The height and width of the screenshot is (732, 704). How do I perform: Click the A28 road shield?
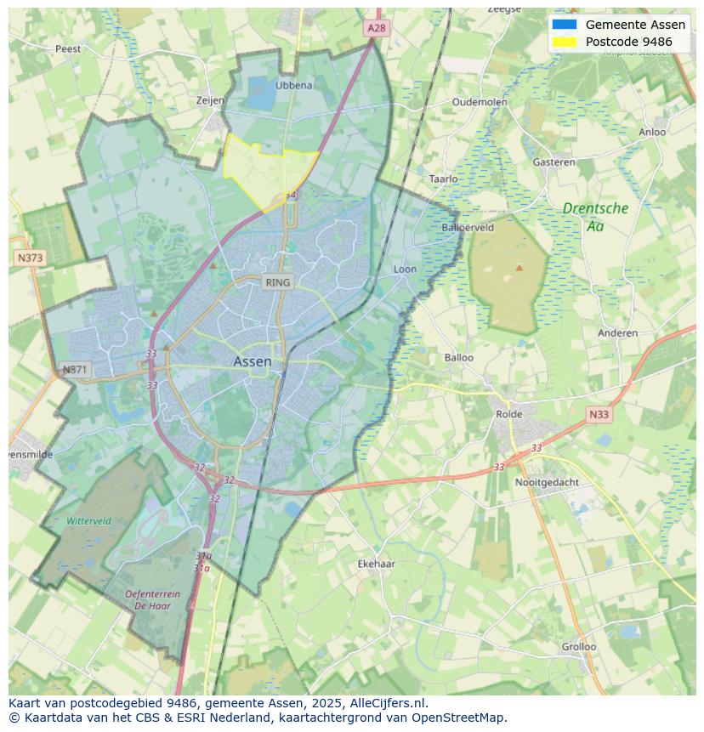[376, 28]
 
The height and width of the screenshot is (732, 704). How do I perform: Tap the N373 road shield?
[30, 257]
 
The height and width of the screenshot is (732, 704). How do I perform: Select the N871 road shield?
[75, 370]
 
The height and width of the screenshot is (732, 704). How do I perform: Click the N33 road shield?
[599, 415]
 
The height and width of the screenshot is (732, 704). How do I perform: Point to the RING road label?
[277, 282]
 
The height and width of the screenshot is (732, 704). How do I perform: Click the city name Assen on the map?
[253, 361]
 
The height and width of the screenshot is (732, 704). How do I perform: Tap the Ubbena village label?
[294, 85]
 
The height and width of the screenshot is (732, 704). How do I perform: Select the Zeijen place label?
[210, 100]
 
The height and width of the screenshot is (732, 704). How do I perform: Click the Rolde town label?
[509, 414]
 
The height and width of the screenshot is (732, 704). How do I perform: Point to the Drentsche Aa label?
[595, 217]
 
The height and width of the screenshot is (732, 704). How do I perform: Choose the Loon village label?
[405, 270]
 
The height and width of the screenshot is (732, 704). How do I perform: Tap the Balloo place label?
[459, 357]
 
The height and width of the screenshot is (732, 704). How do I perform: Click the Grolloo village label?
[578, 646]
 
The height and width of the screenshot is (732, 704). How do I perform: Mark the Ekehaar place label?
[376, 564]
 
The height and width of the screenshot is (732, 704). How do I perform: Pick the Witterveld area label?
[88, 520]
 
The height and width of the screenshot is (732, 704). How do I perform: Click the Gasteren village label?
[554, 162]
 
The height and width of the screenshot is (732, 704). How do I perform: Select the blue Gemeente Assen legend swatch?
[564, 25]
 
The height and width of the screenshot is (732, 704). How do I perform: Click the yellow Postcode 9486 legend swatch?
[564, 42]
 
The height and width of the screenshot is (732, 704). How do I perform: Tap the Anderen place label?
[617, 332]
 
